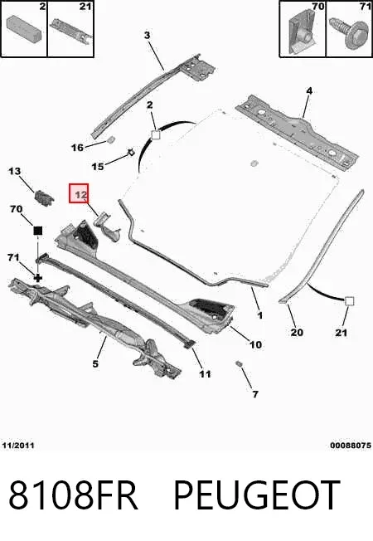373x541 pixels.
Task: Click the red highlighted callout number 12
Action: tap(79, 193)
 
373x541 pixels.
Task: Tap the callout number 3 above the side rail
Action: tap(148, 35)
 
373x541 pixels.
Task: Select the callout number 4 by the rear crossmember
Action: tap(309, 90)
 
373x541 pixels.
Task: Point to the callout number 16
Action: tap(78, 148)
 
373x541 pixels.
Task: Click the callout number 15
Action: tap(98, 167)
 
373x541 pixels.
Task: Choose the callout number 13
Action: tap(14, 171)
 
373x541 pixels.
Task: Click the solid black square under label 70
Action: tap(37, 231)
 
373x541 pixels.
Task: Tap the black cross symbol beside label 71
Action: tap(37, 277)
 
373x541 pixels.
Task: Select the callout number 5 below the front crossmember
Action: tap(95, 363)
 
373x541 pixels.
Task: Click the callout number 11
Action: tap(205, 374)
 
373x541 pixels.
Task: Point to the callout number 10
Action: tap(255, 344)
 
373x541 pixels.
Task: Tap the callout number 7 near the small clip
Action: tap(255, 393)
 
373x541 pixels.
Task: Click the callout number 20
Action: tap(297, 332)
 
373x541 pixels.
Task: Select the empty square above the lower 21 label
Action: tap(349, 301)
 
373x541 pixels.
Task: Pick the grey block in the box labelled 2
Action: tap(24, 27)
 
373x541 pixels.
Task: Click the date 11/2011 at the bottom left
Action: tap(18, 446)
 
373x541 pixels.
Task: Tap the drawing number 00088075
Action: tap(351, 446)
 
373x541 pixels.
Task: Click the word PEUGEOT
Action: tap(257, 495)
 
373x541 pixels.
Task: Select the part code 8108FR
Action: tap(73, 495)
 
